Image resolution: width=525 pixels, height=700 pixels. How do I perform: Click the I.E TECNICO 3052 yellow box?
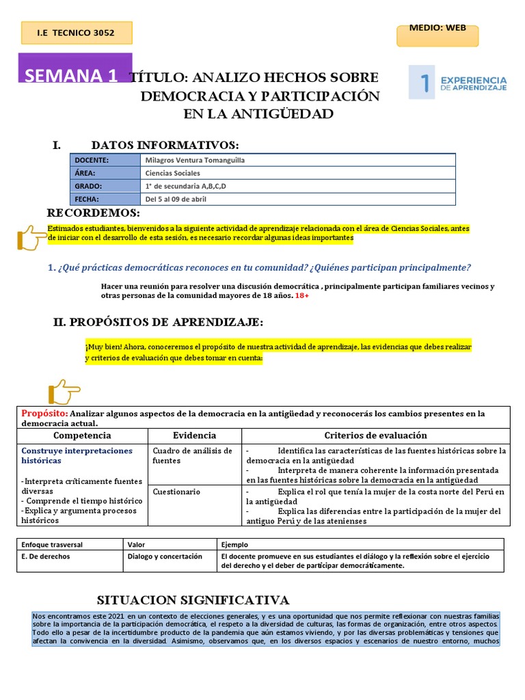click(76, 32)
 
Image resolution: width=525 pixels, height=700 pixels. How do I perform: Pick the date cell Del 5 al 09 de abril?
click(176, 199)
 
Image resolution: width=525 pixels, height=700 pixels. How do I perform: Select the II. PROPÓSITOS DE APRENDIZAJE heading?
click(158, 322)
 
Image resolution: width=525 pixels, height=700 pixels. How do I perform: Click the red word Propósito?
click(44, 414)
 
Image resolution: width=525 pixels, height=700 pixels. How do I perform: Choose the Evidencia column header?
click(194, 435)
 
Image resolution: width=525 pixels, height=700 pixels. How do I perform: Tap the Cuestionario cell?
click(176, 492)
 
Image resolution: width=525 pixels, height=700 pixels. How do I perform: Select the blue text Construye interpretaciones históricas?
click(77, 456)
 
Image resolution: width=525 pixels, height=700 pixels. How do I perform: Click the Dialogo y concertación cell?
click(165, 556)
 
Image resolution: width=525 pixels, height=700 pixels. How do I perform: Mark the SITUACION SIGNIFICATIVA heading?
click(193, 600)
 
